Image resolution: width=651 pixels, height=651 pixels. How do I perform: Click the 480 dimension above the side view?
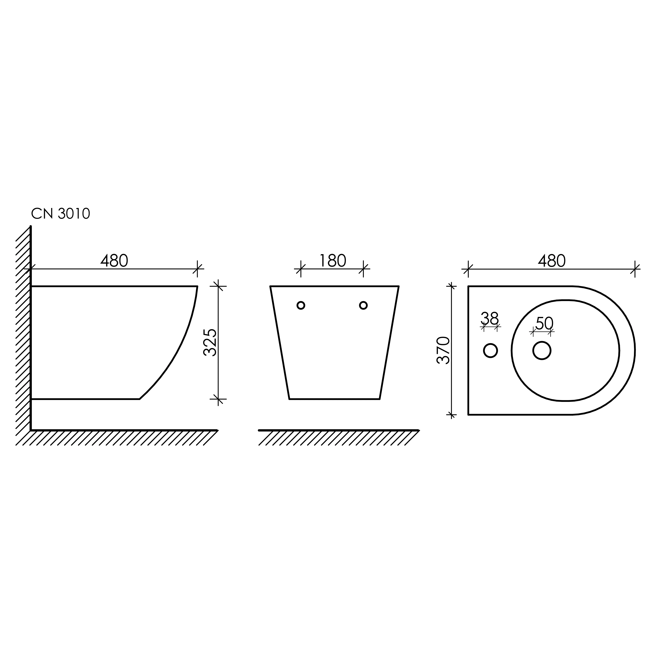coord(114,261)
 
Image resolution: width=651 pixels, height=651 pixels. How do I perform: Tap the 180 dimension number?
coord(333,261)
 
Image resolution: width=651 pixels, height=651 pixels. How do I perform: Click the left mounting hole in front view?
coord(301,305)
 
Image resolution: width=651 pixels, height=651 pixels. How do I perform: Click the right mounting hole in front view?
coord(363,305)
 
